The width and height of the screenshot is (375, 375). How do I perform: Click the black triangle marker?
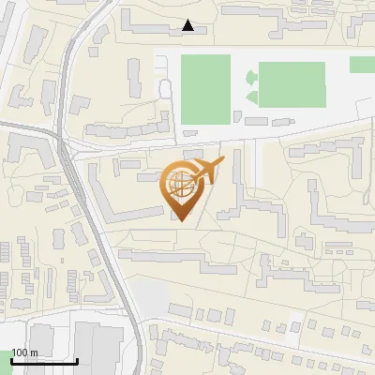pyautogui.click(x=188, y=25)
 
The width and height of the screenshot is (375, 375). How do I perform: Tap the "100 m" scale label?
pyautogui.click(x=24, y=352)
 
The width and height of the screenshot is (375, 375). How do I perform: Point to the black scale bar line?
pyautogui.click(x=44, y=361)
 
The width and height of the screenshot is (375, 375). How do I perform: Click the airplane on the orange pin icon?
pyautogui.click(x=208, y=171)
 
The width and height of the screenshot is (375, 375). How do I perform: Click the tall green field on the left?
pyautogui.click(x=204, y=87)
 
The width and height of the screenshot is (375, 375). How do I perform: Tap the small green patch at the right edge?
pyautogui.click(x=363, y=65)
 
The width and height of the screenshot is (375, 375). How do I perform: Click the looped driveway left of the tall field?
pyautogui.click(x=165, y=89)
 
